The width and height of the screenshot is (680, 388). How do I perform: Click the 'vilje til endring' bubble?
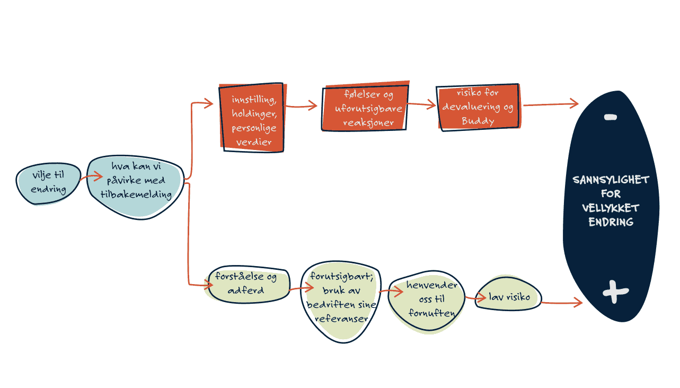tap(48, 183)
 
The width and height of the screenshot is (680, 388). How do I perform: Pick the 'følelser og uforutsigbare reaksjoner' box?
tap(365, 109)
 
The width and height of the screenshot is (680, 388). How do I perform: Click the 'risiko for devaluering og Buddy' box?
tap(478, 108)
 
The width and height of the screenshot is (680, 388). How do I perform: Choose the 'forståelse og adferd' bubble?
tap(249, 284)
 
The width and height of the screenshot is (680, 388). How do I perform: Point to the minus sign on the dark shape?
tap(610, 117)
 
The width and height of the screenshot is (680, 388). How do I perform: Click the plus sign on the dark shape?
tap(615, 292)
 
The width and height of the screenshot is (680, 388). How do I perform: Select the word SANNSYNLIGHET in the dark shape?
tap(611, 180)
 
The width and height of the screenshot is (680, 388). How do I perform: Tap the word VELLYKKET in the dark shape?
tap(611, 208)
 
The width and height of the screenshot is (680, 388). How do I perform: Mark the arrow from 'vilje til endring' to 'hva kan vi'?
tap(89, 179)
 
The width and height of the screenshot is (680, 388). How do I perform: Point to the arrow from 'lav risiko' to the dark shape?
tap(561, 303)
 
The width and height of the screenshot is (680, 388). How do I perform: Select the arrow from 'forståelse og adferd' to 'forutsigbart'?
tap(301, 289)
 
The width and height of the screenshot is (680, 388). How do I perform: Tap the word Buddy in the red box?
tap(478, 121)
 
